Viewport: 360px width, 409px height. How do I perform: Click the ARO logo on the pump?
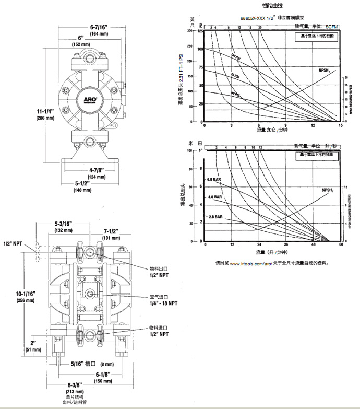tap(87, 97)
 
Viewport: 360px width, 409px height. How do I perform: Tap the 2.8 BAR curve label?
tap(216, 216)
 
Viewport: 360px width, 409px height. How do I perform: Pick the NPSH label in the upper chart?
tap(327, 69)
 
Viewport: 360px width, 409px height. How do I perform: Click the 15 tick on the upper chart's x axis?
tap(341, 126)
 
